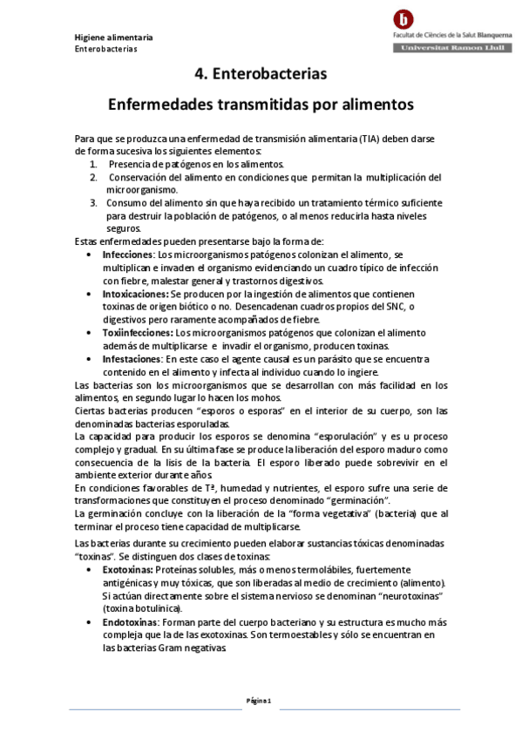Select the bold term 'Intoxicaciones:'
135,295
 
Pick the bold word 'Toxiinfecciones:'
138,334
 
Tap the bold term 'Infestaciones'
132,359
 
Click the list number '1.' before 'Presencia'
94,164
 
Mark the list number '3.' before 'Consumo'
94,202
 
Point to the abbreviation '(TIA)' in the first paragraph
369,139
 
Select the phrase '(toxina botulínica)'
142,607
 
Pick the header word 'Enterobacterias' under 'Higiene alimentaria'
105,49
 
